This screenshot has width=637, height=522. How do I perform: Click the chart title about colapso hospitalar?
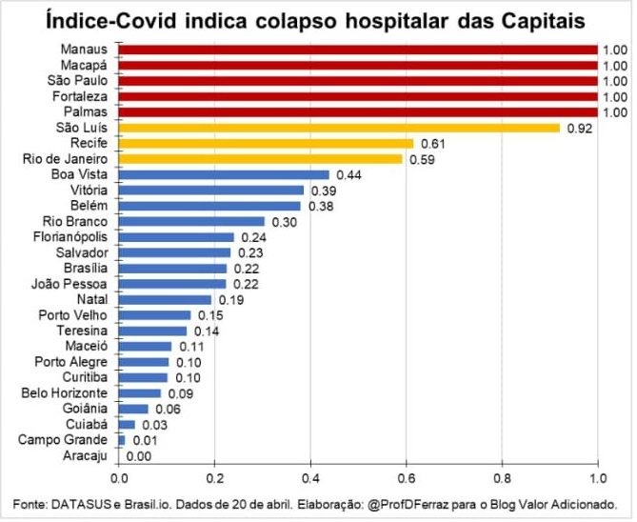317,19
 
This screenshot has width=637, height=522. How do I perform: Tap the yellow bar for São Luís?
339,128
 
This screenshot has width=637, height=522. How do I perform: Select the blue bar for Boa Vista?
225,174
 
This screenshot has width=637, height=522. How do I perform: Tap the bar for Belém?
210,206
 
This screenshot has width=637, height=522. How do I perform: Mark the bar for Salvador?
175,252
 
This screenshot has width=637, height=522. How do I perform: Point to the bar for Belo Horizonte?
141,392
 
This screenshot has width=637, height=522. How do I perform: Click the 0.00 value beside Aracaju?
139,455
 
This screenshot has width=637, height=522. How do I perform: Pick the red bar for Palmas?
358,111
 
